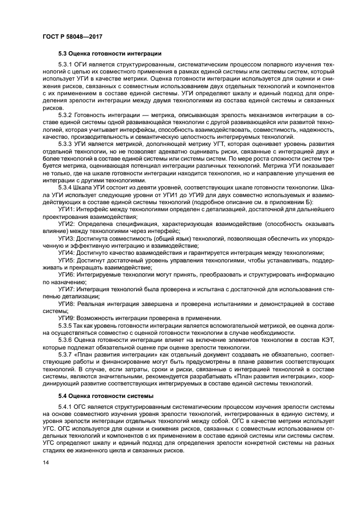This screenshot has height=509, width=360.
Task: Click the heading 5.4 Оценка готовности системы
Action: click(x=105, y=395)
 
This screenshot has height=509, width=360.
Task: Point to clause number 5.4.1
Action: click(x=68, y=406)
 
